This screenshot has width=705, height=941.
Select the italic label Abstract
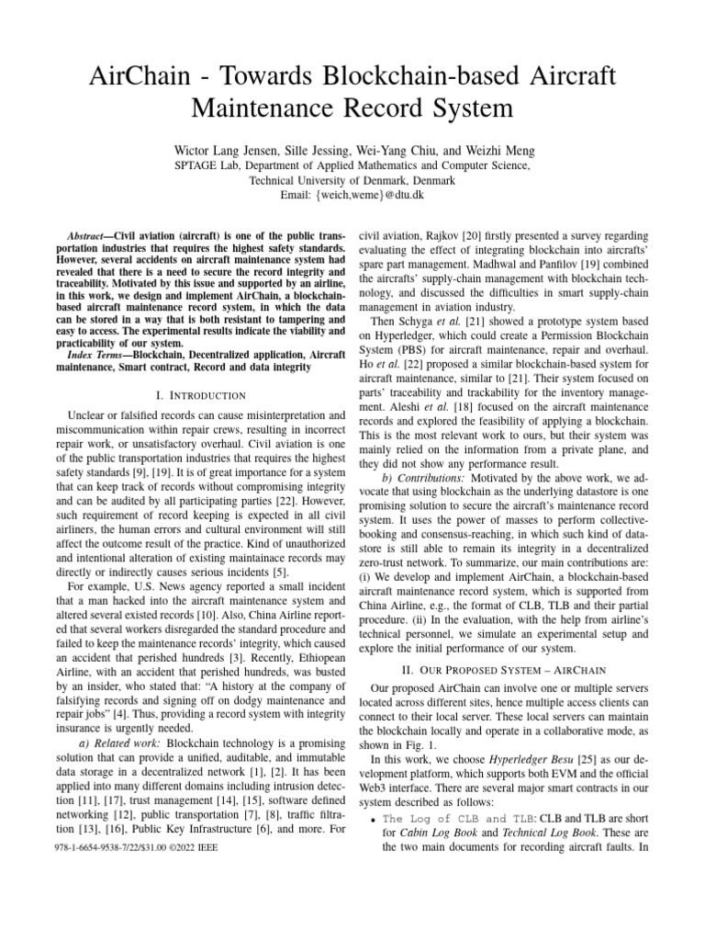click(89, 236)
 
